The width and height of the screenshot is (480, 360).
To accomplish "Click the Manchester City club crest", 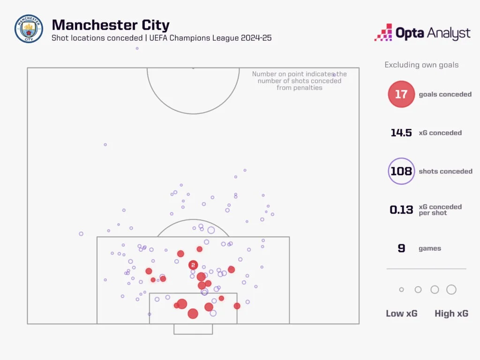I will [x=29, y=29].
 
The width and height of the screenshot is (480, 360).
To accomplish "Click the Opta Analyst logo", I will [x=422, y=33].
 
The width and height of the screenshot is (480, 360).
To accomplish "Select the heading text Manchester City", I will [x=111, y=25].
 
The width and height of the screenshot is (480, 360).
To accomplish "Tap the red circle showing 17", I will [x=401, y=94].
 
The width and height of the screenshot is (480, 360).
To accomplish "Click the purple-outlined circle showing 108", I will [x=401, y=171].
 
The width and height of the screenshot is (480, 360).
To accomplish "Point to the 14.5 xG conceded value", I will [x=401, y=133].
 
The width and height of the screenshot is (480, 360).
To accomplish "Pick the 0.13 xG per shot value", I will [x=401, y=210].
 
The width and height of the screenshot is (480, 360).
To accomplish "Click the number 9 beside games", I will [x=401, y=248].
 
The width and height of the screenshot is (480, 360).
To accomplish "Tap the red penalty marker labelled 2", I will [x=193, y=265].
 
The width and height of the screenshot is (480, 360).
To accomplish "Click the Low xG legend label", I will [x=401, y=314].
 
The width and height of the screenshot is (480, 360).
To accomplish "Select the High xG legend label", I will [x=451, y=314].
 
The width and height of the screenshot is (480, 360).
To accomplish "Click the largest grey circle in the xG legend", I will [x=451, y=290].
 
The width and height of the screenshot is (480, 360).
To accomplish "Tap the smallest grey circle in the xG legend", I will [x=401, y=290].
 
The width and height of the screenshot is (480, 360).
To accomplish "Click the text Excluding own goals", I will [x=421, y=65].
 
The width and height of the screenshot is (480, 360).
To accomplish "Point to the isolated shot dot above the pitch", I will [x=137, y=48].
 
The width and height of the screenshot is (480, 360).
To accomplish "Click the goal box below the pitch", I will [x=193, y=329].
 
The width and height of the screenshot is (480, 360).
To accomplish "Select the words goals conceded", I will [x=445, y=94].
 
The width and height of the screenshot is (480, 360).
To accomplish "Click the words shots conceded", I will [x=445, y=171].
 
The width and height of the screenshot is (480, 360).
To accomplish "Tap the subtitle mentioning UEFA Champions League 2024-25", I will [x=162, y=38].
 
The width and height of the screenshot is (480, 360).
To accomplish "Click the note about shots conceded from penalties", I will [x=300, y=81].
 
